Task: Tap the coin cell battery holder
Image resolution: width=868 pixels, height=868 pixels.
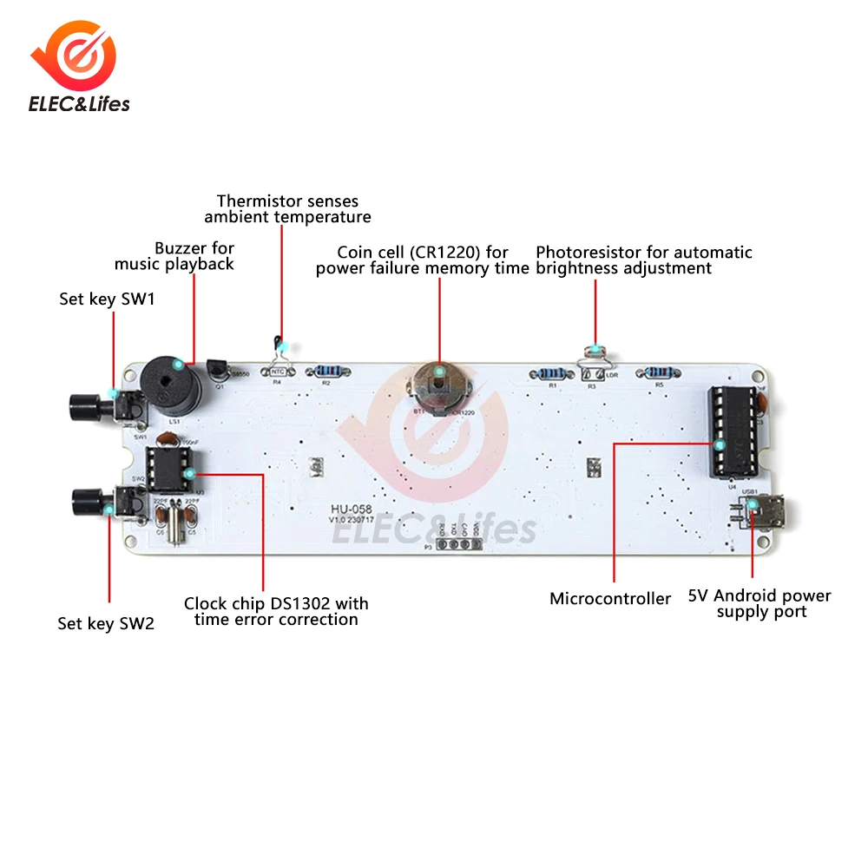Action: tap(439, 384)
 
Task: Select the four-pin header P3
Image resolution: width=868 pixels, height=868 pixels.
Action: tap(457, 544)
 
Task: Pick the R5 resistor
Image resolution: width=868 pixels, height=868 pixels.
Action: tap(660, 372)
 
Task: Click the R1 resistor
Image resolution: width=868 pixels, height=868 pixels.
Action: tap(549, 373)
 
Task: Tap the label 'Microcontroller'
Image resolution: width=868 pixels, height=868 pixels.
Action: tap(610, 599)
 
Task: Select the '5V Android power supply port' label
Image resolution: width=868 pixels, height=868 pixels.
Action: tap(759, 604)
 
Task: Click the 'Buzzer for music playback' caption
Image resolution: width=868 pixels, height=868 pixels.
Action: tap(174, 256)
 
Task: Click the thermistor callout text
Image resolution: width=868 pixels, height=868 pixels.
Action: tap(287, 209)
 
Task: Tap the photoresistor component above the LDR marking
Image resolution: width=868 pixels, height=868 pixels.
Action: tap(595, 352)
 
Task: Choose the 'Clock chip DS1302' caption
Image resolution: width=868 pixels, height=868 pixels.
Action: tap(276, 611)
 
